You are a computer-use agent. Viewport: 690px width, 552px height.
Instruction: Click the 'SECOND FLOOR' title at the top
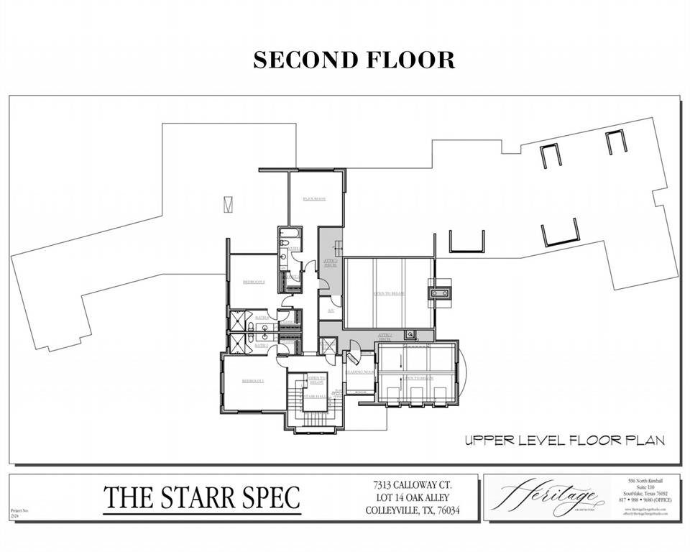[x=354, y=60]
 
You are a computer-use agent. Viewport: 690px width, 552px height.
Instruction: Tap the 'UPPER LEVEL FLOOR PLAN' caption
[x=564, y=440]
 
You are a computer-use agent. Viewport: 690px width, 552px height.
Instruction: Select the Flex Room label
[x=315, y=198]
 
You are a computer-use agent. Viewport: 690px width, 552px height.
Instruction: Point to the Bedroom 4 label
[x=254, y=282]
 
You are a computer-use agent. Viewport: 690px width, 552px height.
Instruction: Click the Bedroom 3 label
[x=252, y=380]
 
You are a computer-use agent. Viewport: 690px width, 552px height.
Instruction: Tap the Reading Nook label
[x=359, y=372]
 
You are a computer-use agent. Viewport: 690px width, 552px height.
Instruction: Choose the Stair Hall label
[x=315, y=396]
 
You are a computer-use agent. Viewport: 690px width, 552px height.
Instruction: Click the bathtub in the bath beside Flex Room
[x=290, y=234]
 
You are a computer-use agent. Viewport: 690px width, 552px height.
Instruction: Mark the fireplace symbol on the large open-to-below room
[x=439, y=293]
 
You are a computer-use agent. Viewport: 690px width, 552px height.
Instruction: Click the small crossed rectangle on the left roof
[x=228, y=204]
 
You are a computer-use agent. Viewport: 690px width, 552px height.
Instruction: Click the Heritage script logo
[x=548, y=497]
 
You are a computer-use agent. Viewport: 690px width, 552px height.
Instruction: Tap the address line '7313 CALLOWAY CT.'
[x=411, y=485]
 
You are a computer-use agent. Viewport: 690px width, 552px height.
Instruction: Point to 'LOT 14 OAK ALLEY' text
[x=411, y=498]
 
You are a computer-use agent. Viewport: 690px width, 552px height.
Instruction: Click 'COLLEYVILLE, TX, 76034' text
[x=411, y=511]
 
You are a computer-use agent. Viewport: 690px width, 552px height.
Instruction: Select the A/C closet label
[x=330, y=310]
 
